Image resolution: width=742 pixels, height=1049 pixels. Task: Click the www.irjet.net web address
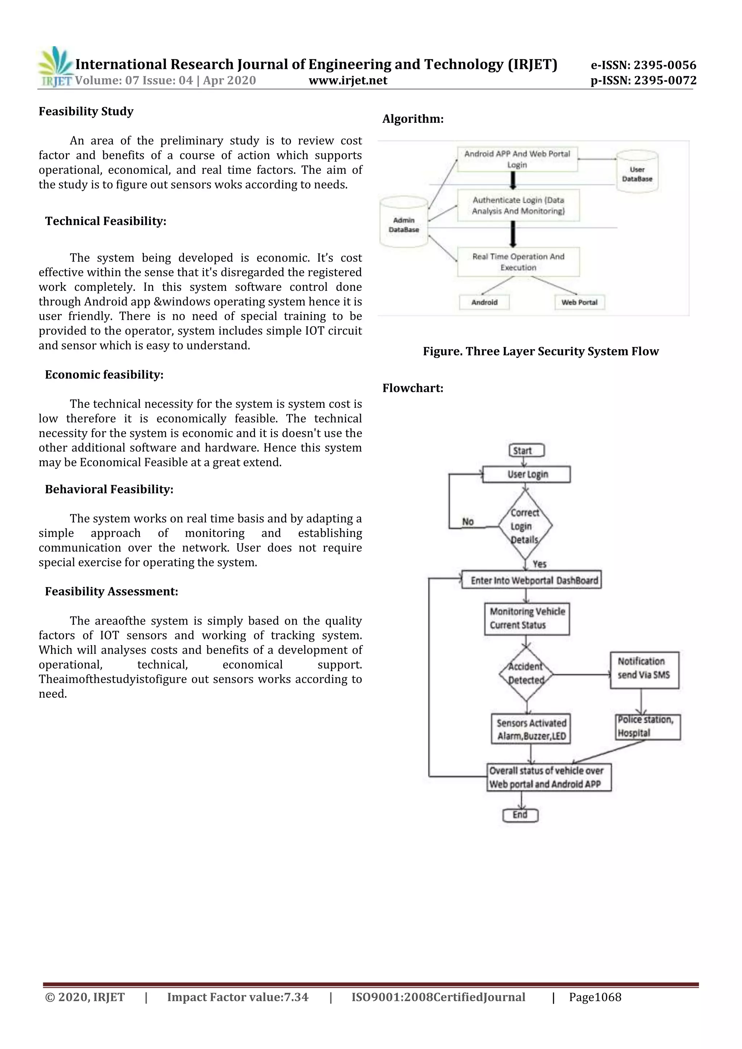(x=348, y=81)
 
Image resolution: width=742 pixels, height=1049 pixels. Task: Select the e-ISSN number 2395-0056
(x=643, y=65)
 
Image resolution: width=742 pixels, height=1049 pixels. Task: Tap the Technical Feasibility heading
(x=105, y=221)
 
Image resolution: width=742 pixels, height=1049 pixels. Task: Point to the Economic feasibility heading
(x=104, y=375)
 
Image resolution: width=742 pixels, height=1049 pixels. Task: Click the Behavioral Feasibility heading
(x=109, y=489)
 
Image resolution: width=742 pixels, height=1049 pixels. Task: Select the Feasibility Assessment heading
(x=112, y=592)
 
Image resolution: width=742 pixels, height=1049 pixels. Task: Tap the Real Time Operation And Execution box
(x=518, y=262)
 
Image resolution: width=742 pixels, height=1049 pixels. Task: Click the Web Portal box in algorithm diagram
(x=579, y=302)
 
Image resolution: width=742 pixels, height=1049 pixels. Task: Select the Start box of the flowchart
(x=526, y=451)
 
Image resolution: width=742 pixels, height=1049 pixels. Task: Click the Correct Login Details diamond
(x=525, y=526)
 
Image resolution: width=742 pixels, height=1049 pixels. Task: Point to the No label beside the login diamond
(x=468, y=522)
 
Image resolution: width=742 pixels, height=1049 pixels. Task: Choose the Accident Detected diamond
(x=526, y=673)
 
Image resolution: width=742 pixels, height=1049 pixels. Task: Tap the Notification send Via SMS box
(x=644, y=670)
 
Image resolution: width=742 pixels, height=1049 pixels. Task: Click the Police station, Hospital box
(x=647, y=727)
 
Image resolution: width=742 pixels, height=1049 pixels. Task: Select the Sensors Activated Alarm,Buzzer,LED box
(x=530, y=729)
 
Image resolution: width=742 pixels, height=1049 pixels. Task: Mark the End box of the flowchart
(x=520, y=815)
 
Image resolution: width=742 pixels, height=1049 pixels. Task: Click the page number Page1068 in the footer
(x=595, y=997)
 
